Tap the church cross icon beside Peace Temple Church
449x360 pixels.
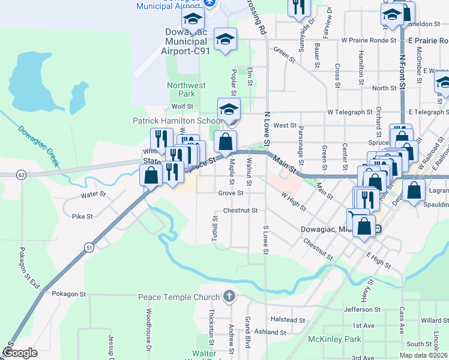click(228, 296)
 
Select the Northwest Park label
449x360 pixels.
click(181, 89)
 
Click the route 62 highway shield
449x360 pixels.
click(22, 175)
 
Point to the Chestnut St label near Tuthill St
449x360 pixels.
click(240, 211)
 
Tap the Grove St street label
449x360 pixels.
click(231, 193)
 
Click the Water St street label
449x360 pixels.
click(94, 195)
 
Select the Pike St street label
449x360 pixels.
click(82, 216)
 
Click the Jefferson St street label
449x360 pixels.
click(363, 310)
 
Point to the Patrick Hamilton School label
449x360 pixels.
click(178, 121)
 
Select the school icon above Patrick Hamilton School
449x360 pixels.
click(229, 110)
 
